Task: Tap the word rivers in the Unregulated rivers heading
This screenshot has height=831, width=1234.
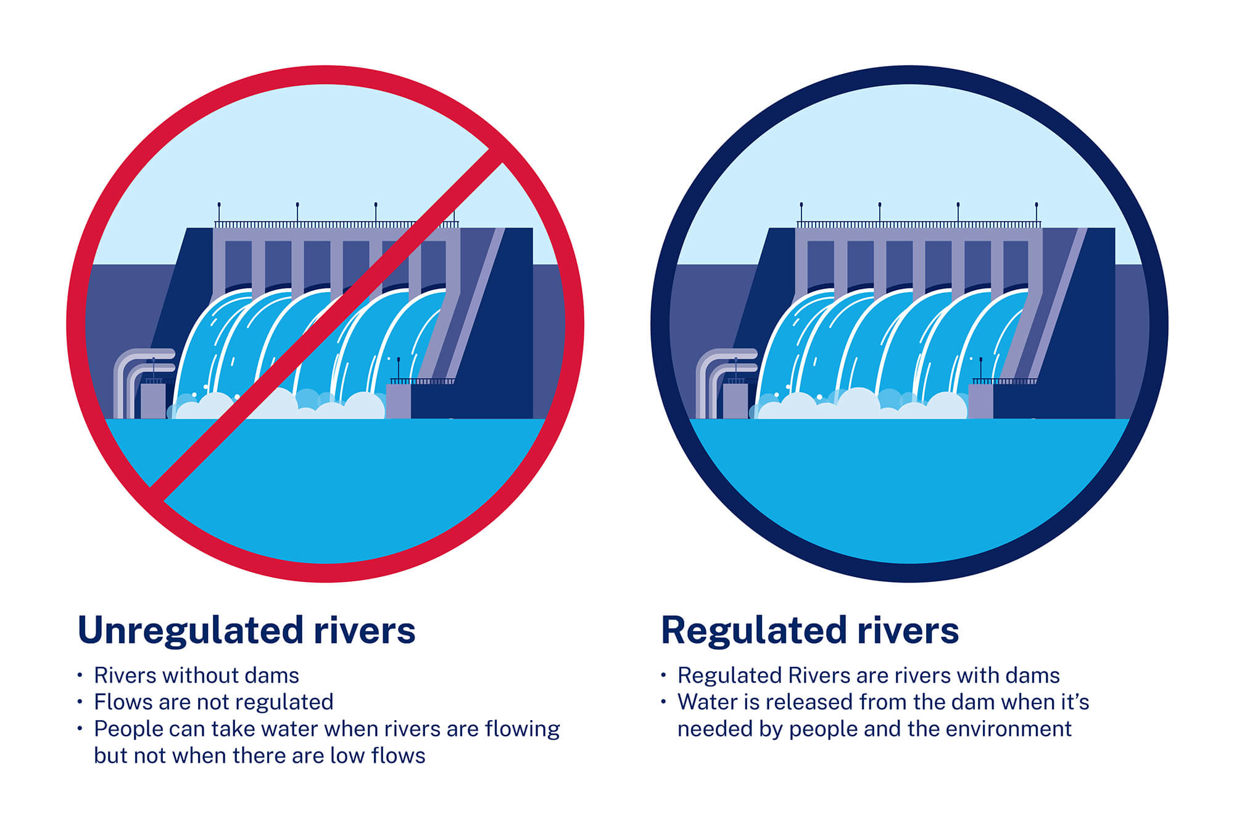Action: (364, 631)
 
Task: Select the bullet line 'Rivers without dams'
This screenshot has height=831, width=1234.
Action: (196, 676)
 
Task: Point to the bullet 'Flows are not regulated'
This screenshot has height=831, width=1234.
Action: (213, 702)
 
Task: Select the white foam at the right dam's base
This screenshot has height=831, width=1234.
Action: (858, 404)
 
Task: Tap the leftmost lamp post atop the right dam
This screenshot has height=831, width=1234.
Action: (801, 213)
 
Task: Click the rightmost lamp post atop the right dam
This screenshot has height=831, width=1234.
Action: (1036, 213)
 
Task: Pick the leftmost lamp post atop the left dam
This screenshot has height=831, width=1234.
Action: (219, 213)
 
